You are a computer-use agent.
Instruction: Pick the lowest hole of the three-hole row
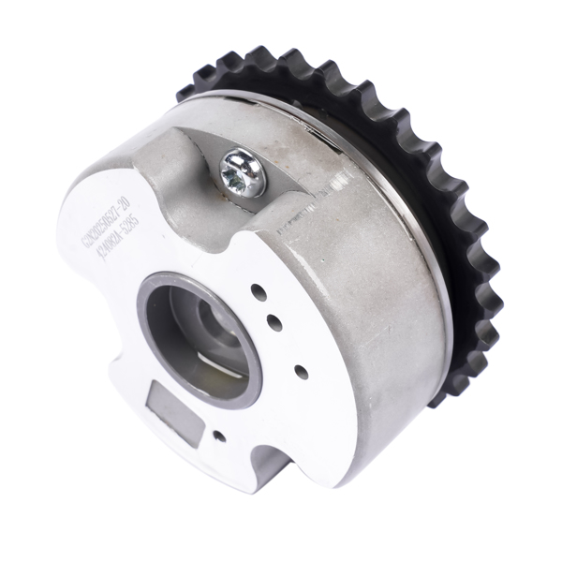pyautogui.click(x=301, y=371)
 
